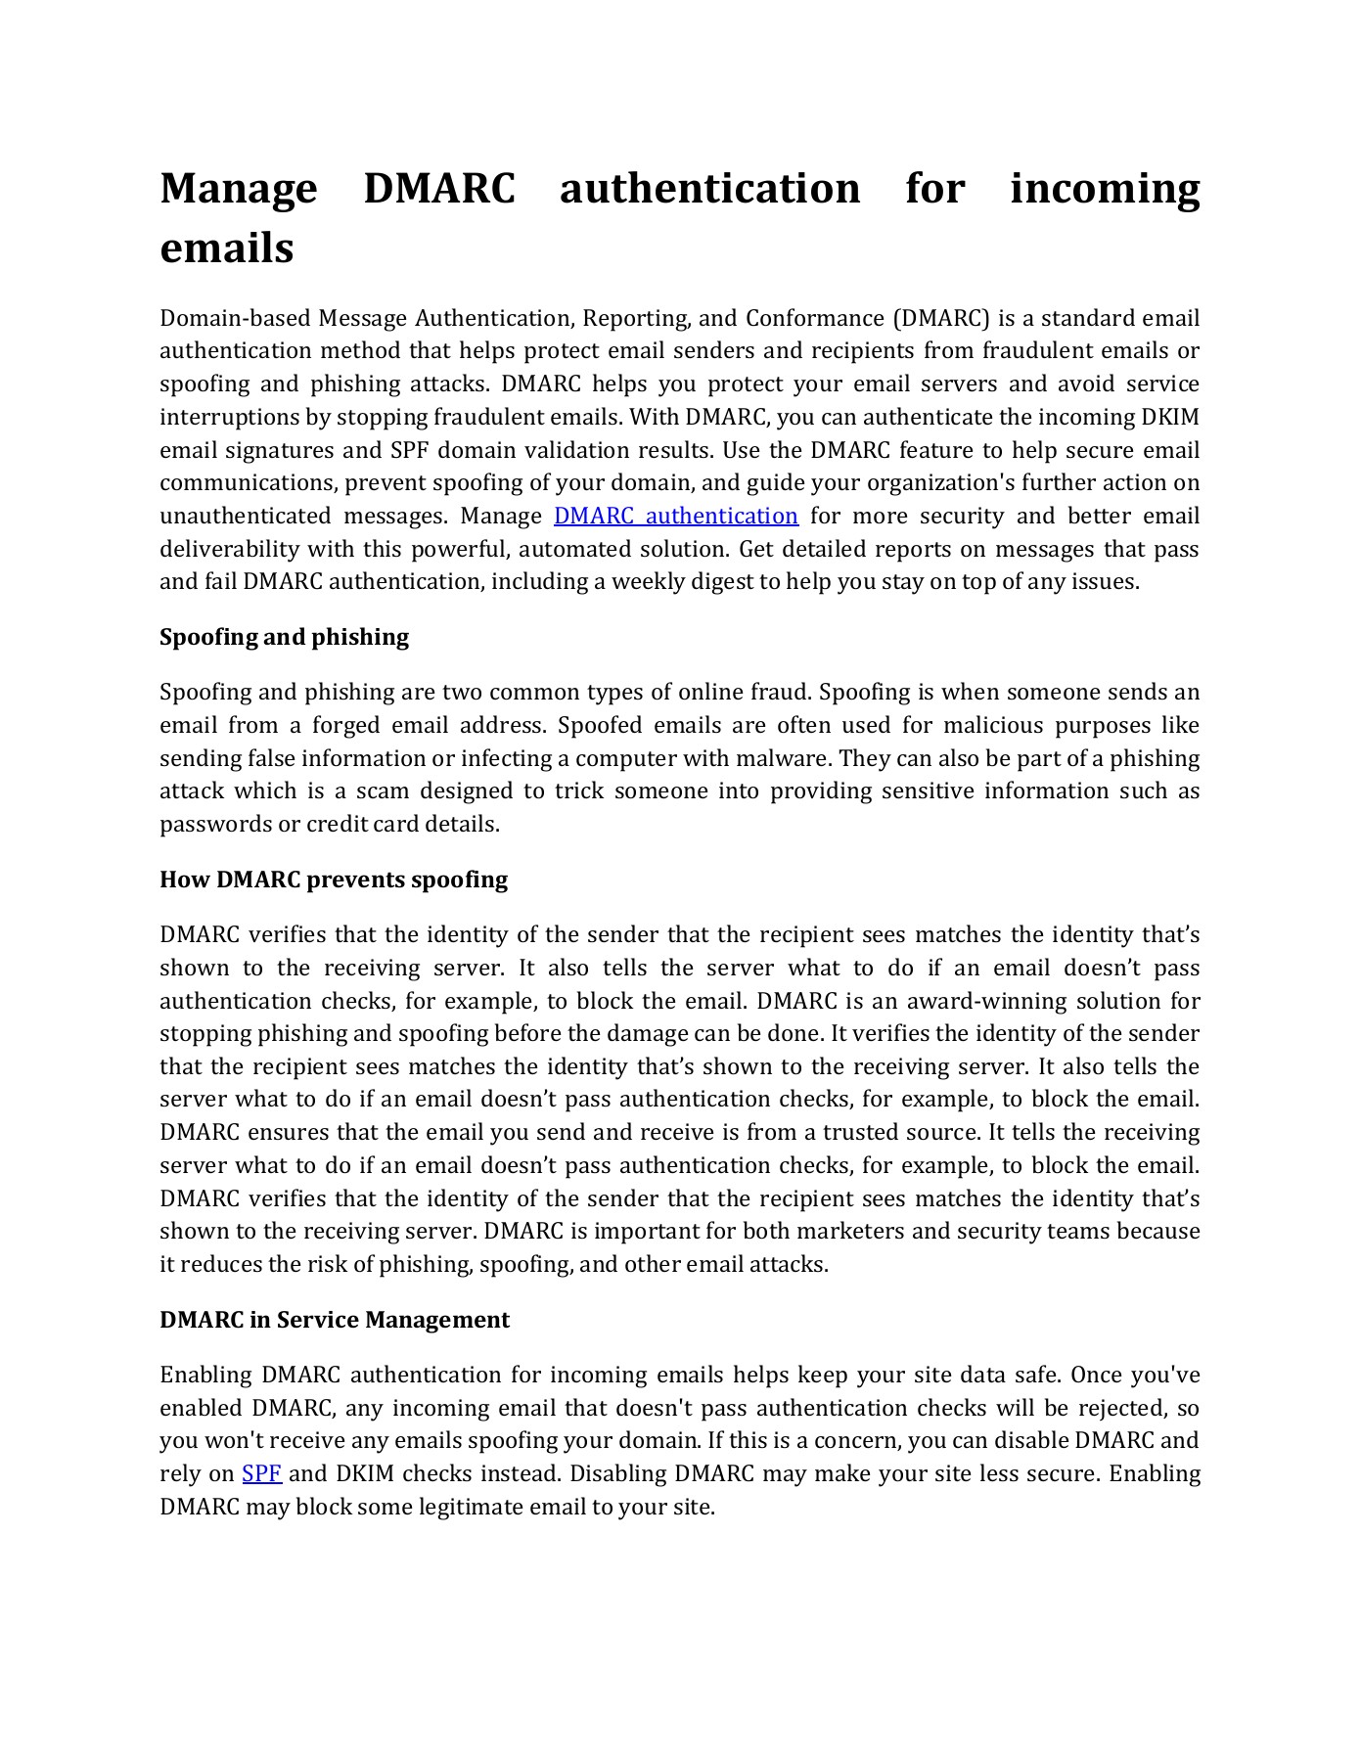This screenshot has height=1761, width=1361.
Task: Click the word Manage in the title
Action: click(x=238, y=189)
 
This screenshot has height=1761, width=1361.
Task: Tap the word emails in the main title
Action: click(x=226, y=248)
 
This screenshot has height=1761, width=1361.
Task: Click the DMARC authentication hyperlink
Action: click(x=675, y=516)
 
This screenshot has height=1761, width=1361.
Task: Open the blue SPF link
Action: click(x=261, y=1473)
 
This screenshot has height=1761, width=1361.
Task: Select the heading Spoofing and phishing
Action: click(x=284, y=637)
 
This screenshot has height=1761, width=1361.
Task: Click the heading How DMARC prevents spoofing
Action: click(x=334, y=880)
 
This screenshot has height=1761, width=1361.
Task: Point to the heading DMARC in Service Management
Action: click(x=334, y=1320)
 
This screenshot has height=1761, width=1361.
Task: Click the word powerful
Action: click(x=458, y=549)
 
